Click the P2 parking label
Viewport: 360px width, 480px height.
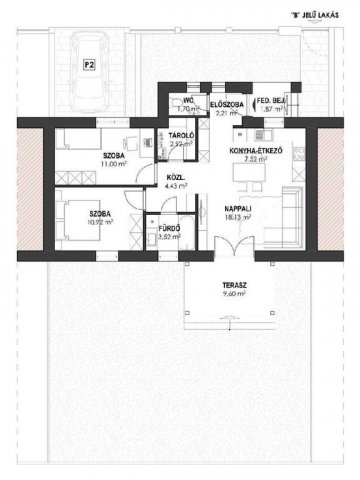pyautogui.click(x=88, y=67)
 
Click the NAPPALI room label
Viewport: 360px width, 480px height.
pyautogui.click(x=239, y=209)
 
